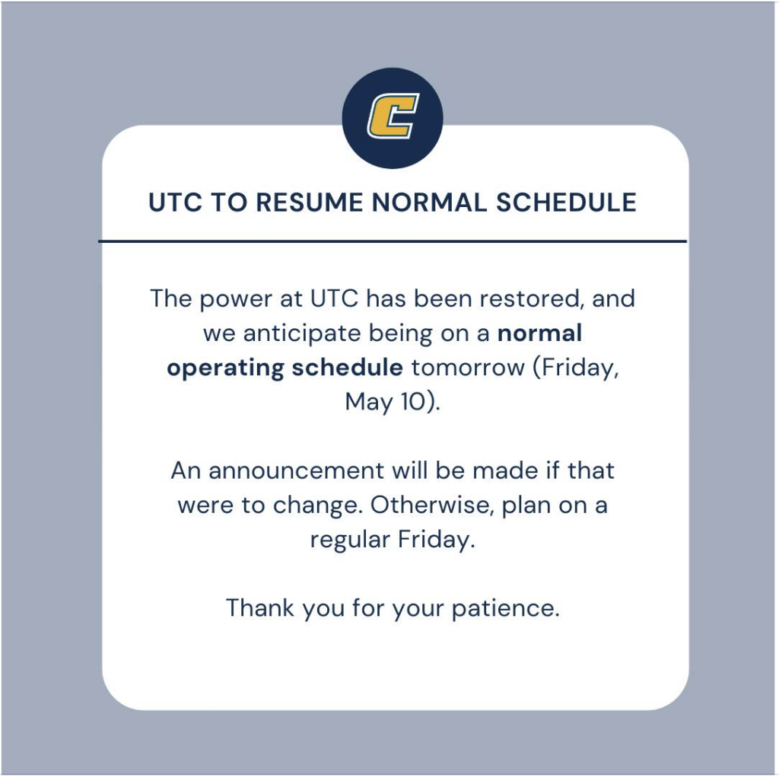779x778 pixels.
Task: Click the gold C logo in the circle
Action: [x=393, y=116]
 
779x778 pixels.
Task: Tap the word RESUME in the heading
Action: [x=310, y=202]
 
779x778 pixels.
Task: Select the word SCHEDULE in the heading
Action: [x=566, y=202]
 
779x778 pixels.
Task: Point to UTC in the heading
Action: [x=176, y=202]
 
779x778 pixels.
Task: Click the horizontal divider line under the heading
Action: [x=393, y=241]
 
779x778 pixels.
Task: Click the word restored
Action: [x=531, y=298]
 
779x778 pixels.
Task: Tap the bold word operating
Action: [x=225, y=368]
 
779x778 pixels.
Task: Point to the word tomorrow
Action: [x=468, y=368]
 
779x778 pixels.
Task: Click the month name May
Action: [x=368, y=402]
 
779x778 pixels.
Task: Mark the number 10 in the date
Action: [x=412, y=402]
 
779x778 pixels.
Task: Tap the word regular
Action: [x=350, y=540]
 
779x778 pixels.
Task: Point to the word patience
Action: [x=505, y=608]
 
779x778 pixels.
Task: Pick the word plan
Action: [x=526, y=506]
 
